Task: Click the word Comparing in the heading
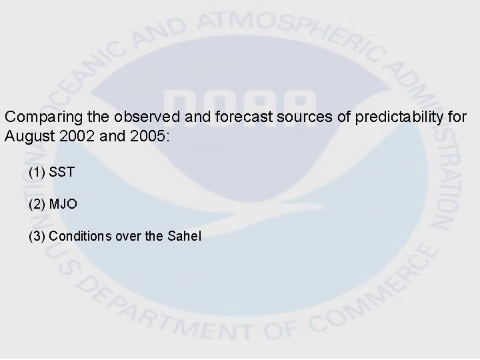pyautogui.click(x=38, y=116)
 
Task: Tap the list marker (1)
pyautogui.click(x=37, y=172)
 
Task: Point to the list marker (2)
pyautogui.click(x=37, y=204)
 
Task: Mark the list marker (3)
pyautogui.click(x=37, y=235)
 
